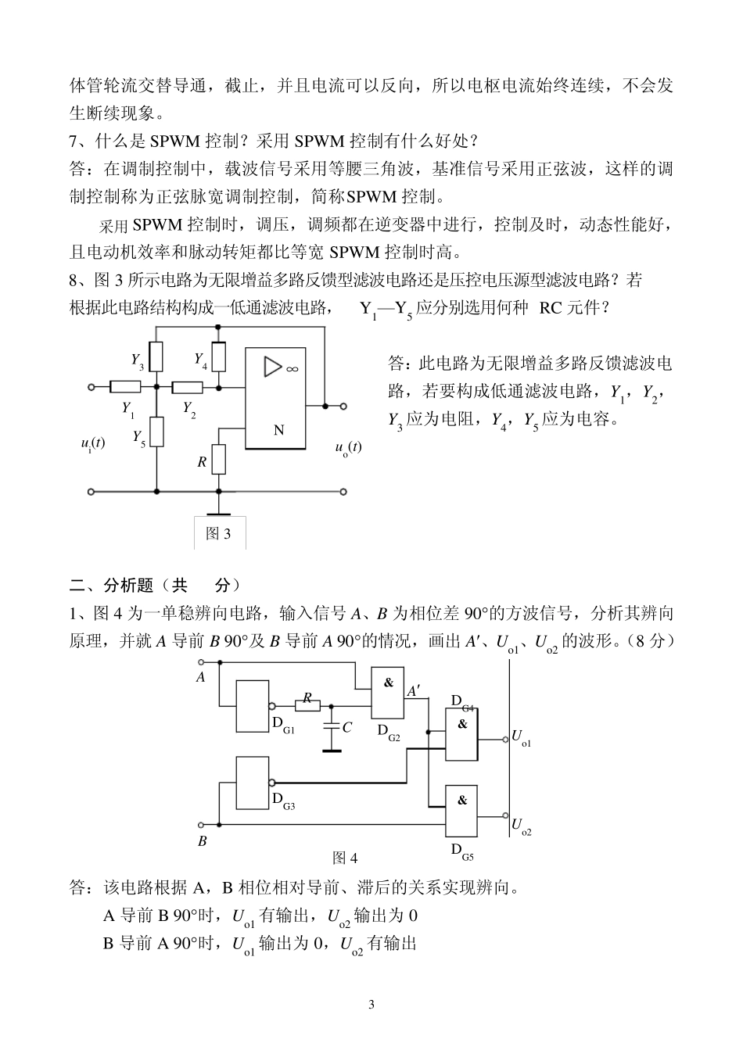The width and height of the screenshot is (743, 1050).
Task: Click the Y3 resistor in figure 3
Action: tap(156, 357)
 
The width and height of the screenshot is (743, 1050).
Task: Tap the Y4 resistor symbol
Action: tap(220, 357)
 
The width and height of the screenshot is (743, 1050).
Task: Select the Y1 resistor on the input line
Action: tap(124, 386)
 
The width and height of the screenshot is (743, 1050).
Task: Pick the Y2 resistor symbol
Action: tap(187, 386)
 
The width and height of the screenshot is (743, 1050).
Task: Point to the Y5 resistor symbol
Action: tap(156, 431)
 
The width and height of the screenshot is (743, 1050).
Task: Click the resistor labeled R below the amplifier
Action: tap(218, 460)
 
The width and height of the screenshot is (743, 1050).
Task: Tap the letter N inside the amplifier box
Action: tap(278, 430)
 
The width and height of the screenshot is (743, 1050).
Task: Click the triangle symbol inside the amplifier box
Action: tap(273, 366)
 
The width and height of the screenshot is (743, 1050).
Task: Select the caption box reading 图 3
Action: tap(219, 533)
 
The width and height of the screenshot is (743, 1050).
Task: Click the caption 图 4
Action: tap(345, 858)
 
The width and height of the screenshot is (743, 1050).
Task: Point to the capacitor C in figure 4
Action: tap(332, 726)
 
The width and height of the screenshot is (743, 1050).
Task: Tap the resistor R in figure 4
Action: tap(308, 703)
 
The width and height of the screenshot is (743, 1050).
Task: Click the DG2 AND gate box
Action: tap(388, 693)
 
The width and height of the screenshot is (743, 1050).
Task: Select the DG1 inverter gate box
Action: tap(253, 706)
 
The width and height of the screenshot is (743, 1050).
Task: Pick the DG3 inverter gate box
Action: tap(253, 782)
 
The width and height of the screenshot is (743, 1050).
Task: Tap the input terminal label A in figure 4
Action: tap(201, 678)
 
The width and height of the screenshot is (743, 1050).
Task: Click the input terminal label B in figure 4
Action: tap(202, 841)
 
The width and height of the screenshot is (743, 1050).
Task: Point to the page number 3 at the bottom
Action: tap(371, 1005)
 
